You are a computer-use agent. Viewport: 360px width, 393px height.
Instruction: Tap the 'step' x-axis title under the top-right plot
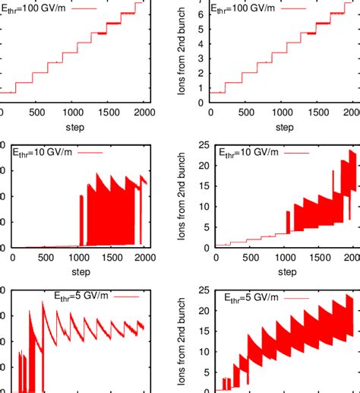point(286,126)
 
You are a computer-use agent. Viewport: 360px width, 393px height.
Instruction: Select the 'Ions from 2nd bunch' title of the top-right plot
point(182,53)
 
